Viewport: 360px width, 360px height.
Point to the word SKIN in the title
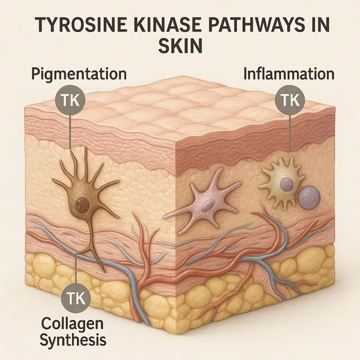point(180,46)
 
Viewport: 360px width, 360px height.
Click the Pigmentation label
point(79,74)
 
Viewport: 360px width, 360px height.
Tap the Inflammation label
point(289,73)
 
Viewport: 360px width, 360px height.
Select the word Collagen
point(72,323)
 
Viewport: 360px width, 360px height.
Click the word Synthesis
point(73,340)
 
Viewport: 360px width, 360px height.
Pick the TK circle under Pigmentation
point(71,100)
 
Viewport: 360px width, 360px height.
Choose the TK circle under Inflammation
point(290,100)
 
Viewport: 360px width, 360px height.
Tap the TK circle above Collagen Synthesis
point(76,298)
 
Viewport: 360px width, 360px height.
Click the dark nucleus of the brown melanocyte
point(82,204)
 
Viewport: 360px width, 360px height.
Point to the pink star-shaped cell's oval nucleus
point(207,205)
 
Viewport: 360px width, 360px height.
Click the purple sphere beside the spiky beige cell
point(309,197)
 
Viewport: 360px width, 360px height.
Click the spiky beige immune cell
point(282,182)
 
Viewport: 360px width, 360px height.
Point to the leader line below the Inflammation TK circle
point(290,134)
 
